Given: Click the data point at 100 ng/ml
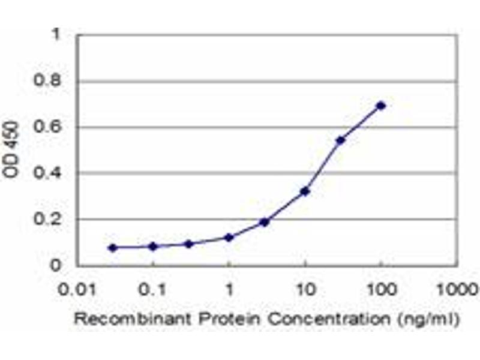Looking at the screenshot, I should point(380,106).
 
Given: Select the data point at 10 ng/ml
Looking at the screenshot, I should point(305,191).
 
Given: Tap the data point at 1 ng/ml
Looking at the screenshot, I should point(229,238).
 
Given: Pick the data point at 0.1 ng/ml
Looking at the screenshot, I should point(153,246).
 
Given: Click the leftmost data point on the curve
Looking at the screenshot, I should point(113,247).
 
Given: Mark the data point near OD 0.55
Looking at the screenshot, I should point(341,140).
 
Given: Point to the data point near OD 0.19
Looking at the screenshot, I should point(265,222).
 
